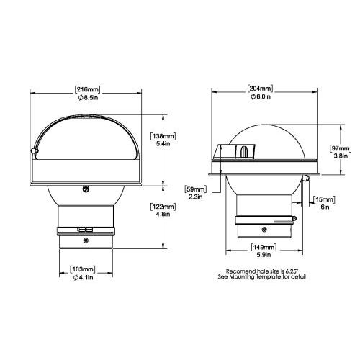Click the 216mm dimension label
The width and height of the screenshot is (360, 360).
pos(87,90)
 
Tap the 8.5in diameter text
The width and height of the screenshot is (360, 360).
pos(88,98)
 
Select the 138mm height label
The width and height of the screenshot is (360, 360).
pos(163,136)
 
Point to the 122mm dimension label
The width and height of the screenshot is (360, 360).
pos(163,207)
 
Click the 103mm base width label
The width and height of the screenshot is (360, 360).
pos(83,269)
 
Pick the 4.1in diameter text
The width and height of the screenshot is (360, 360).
pos(83,278)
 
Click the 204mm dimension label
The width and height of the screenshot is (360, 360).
pos(260,89)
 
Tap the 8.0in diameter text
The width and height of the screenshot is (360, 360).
pos(261,96)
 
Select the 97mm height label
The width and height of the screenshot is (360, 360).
pos(341,148)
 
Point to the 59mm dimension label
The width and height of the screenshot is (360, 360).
pos(196,189)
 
